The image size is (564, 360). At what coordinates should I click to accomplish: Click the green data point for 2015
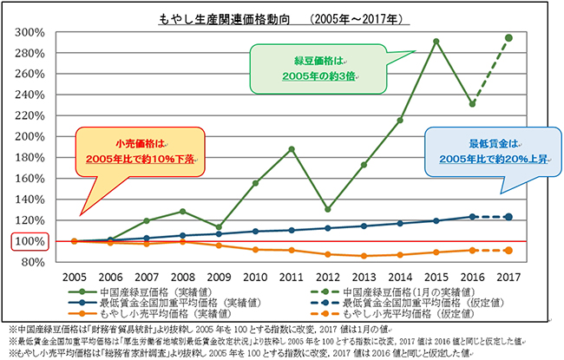(x=436, y=41)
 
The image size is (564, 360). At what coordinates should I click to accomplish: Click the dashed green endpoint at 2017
(x=508, y=37)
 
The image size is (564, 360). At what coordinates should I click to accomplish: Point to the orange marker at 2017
(x=508, y=250)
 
